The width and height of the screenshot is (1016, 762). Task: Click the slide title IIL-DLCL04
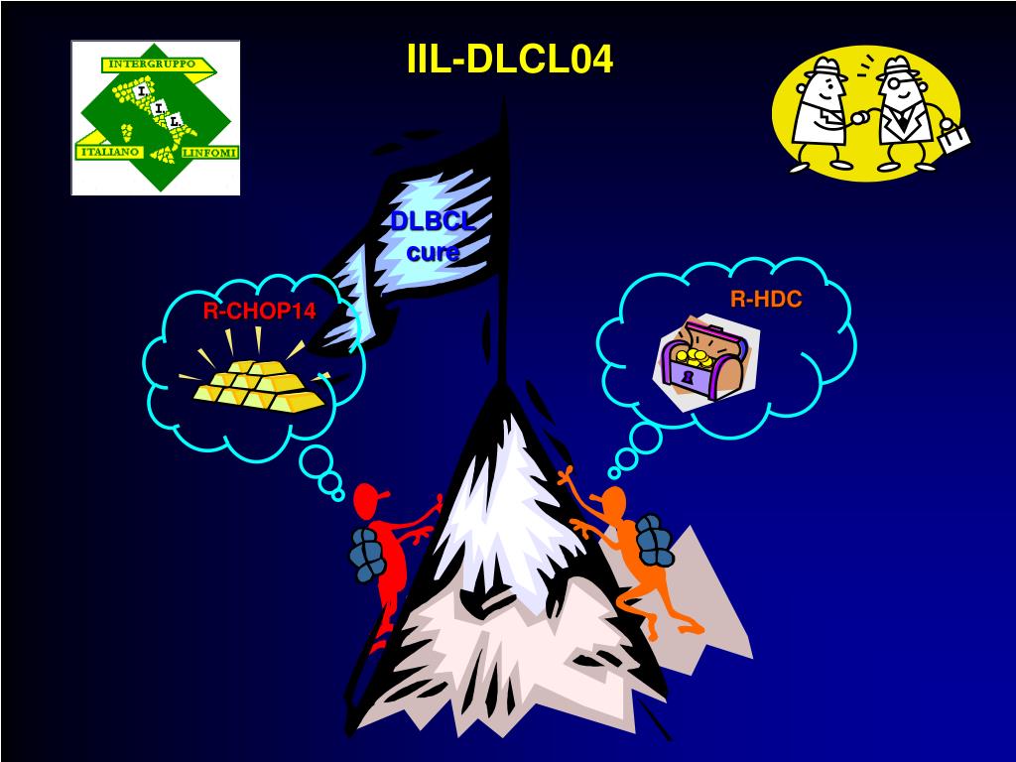(509, 60)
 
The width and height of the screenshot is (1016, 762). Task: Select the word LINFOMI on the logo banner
(209, 152)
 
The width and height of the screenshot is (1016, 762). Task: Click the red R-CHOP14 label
(259, 312)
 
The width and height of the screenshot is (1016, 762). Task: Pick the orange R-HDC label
(766, 299)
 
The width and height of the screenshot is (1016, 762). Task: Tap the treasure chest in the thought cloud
(706, 359)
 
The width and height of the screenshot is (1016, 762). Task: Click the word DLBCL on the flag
(432, 221)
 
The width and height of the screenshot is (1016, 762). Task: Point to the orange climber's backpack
(653, 537)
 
